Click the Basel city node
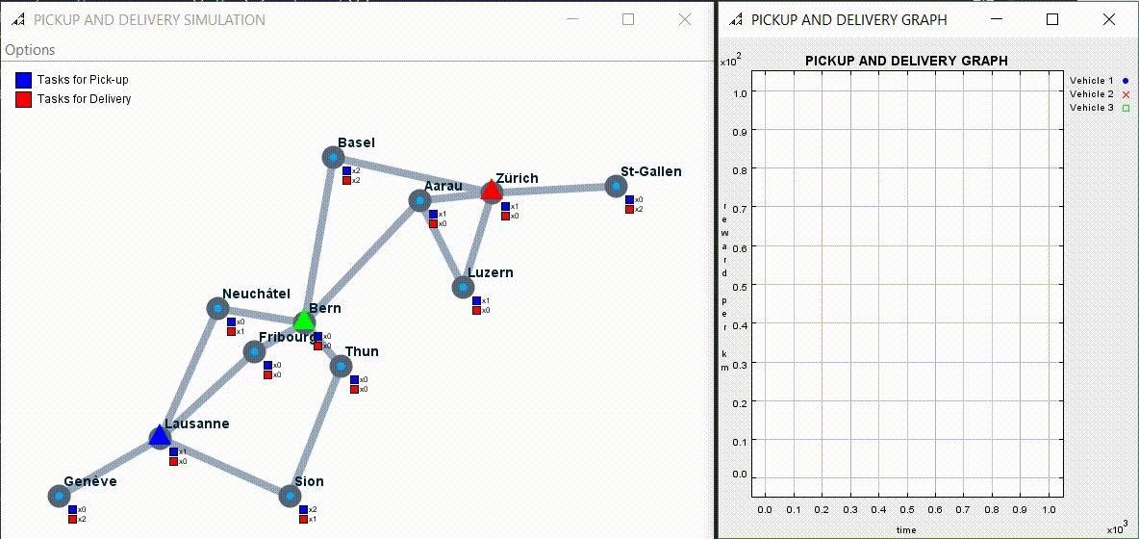(x=333, y=157)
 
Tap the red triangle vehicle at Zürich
(x=492, y=190)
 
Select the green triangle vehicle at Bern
(x=304, y=320)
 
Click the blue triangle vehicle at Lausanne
(x=160, y=436)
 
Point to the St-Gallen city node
(x=616, y=186)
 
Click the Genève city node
(x=59, y=496)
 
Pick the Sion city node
(x=290, y=496)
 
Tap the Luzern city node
(x=463, y=287)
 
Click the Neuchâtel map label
(x=256, y=294)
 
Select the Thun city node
(x=341, y=366)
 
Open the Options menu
(x=30, y=50)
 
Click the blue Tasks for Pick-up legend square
(x=24, y=80)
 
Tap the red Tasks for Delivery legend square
(x=24, y=98)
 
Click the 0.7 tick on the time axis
(x=963, y=508)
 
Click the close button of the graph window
(x=1107, y=19)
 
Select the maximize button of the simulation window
(x=628, y=19)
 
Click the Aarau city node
(x=419, y=200)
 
